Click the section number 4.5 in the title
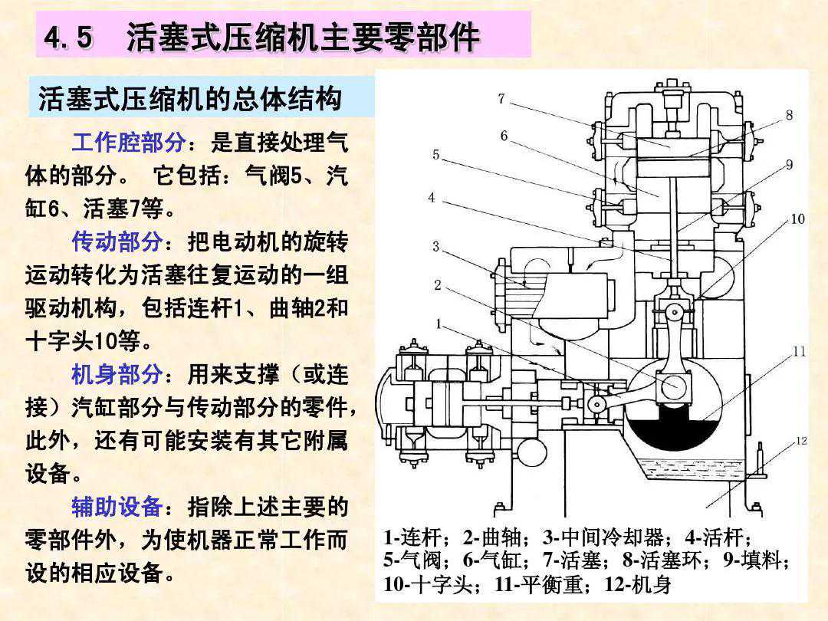click(x=69, y=37)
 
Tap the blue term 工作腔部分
click(x=128, y=142)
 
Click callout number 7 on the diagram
click(x=501, y=99)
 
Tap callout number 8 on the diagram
click(x=789, y=116)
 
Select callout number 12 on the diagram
click(x=801, y=441)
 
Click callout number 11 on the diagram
click(x=799, y=352)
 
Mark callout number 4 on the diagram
click(x=432, y=198)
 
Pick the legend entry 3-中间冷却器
click(x=590, y=537)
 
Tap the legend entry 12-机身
click(x=638, y=586)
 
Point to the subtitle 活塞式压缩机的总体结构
click(x=190, y=99)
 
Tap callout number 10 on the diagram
click(x=797, y=219)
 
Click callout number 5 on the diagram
click(x=436, y=155)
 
